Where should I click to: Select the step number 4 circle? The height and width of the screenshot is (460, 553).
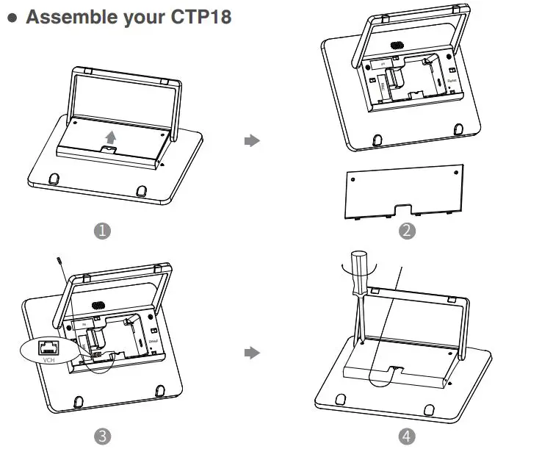[406, 436]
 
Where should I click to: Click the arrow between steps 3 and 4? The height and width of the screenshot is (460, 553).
[252, 353]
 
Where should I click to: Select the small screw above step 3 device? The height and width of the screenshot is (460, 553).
[59, 261]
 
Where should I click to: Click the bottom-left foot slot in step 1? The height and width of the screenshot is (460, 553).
[54, 179]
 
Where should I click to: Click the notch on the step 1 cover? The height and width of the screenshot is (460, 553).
[109, 149]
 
